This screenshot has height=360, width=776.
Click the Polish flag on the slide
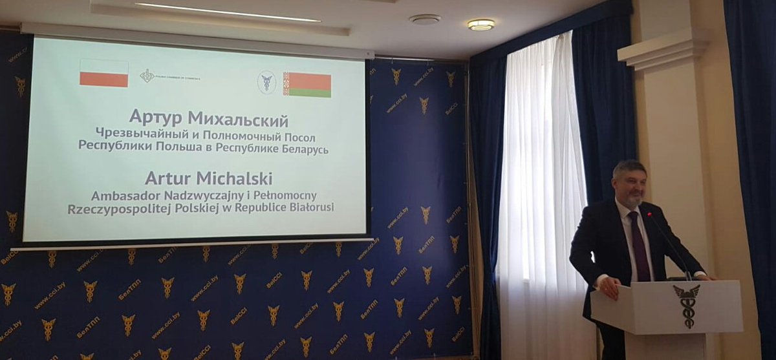pyautogui.click(x=104, y=73)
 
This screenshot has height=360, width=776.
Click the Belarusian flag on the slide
pyautogui.click(x=307, y=85)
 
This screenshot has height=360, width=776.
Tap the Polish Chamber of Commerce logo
pyautogui.click(x=147, y=76)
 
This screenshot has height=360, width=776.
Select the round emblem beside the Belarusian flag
pyautogui.click(x=266, y=82)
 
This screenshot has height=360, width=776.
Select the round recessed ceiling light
pyautogui.click(x=480, y=25)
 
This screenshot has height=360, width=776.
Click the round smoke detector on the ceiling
pyautogui.click(x=425, y=19)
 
